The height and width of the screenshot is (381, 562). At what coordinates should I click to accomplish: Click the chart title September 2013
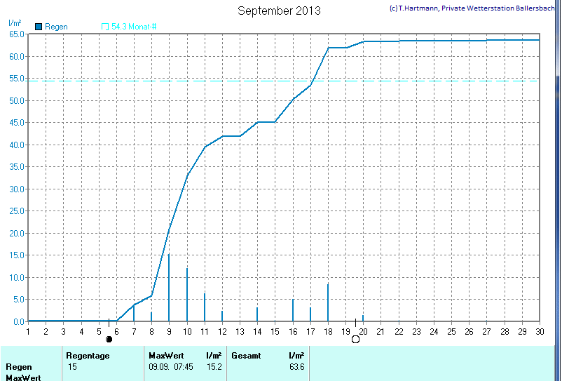279,11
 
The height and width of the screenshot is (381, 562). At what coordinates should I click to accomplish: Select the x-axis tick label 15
275,331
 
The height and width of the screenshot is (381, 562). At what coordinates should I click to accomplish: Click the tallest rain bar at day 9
169,288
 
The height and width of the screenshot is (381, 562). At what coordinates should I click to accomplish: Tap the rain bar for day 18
328,302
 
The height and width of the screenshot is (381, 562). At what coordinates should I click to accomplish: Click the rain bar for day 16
293,310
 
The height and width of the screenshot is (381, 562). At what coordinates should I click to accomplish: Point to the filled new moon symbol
109,340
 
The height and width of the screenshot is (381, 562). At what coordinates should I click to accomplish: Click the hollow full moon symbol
355,340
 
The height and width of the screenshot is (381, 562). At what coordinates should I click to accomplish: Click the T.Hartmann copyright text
474,8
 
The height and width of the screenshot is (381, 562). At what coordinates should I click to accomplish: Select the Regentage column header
88,356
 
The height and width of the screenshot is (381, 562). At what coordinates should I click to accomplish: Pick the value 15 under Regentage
73,367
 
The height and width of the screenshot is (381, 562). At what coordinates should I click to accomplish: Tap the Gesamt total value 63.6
296,367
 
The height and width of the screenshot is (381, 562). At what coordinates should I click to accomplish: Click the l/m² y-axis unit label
15,23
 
